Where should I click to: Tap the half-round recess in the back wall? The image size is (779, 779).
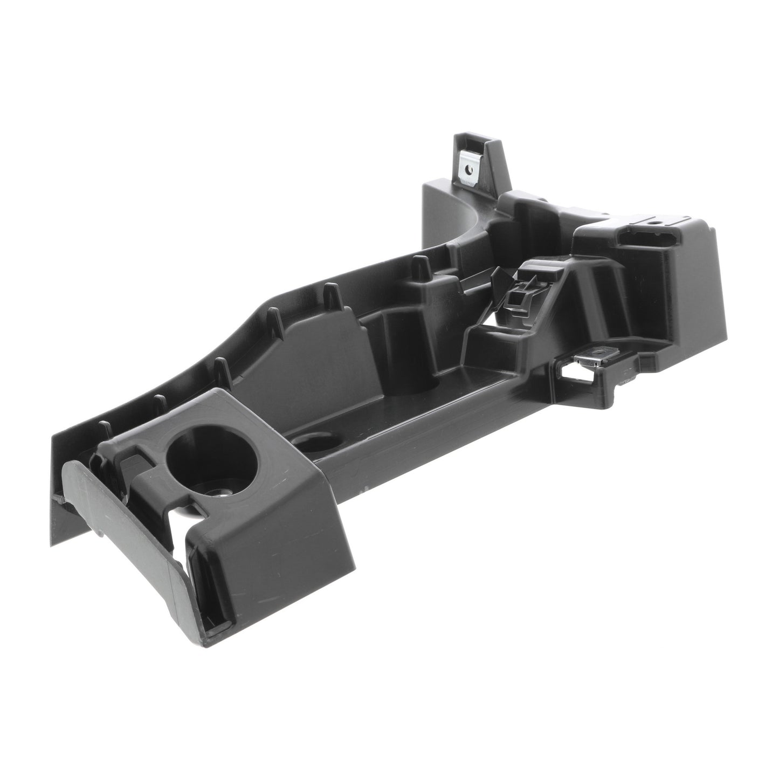[x=410, y=385]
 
